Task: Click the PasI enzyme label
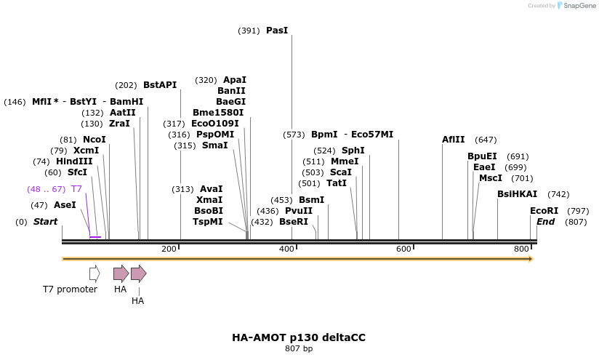(x=277, y=31)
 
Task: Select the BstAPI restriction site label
(x=160, y=85)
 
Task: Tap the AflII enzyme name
(x=454, y=140)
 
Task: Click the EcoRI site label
(x=544, y=211)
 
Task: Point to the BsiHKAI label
(x=518, y=194)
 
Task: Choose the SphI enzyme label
(x=353, y=151)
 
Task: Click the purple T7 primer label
(x=76, y=189)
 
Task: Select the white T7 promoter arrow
(x=95, y=273)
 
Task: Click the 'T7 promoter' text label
(x=70, y=289)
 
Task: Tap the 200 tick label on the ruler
(x=169, y=249)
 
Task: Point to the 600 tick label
(x=403, y=249)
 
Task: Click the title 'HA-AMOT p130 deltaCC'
(x=299, y=337)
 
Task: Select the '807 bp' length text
(x=299, y=349)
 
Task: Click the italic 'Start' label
(x=45, y=222)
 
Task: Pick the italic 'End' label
(x=545, y=222)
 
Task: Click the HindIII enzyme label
(x=74, y=161)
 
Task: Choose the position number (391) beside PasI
(x=249, y=31)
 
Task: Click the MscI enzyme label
(x=491, y=178)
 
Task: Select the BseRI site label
(x=294, y=222)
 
